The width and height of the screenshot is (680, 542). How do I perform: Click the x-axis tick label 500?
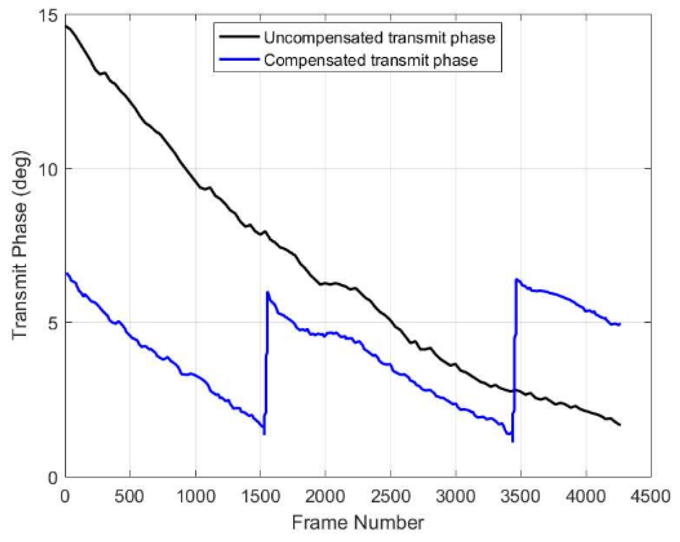click(x=129, y=496)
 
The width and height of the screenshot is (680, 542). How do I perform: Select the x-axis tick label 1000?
click(x=195, y=496)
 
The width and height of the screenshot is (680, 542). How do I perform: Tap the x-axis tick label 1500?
click(x=260, y=496)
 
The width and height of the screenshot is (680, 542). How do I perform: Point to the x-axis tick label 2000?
click(x=325, y=496)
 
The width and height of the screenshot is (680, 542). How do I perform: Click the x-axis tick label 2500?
click(x=390, y=496)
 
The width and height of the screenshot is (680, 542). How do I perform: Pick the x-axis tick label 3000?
click(x=455, y=496)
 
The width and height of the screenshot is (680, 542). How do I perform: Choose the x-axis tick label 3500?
click(x=520, y=496)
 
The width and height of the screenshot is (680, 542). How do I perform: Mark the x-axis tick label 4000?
click(x=585, y=496)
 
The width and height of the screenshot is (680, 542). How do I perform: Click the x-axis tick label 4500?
click(x=650, y=496)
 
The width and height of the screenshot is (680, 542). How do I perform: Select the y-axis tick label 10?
click(x=47, y=169)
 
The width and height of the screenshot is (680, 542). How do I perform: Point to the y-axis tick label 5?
click(x=52, y=323)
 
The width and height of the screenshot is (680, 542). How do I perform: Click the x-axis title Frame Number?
click(x=357, y=523)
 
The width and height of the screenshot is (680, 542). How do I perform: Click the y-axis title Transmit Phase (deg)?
click(x=21, y=246)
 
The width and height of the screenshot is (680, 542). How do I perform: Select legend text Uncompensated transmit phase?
click(x=379, y=38)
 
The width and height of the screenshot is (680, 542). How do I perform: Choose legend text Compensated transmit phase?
click(x=371, y=61)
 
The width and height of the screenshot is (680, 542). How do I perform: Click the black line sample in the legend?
click(x=239, y=37)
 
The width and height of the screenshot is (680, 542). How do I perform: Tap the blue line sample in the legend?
click(x=239, y=60)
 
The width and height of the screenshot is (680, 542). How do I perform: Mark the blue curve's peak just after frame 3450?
click(x=516, y=280)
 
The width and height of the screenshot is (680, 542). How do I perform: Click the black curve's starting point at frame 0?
click(x=66, y=26)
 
